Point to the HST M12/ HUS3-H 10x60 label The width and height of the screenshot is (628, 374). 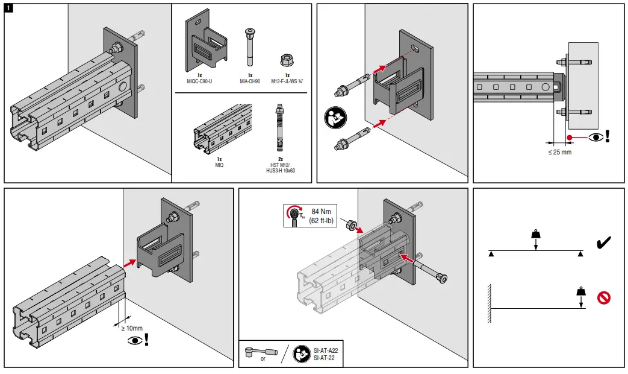[281, 168]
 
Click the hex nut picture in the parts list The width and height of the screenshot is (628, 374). [286, 59]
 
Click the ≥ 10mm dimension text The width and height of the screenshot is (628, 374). [131, 328]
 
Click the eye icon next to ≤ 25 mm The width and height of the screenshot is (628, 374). [597, 136]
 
